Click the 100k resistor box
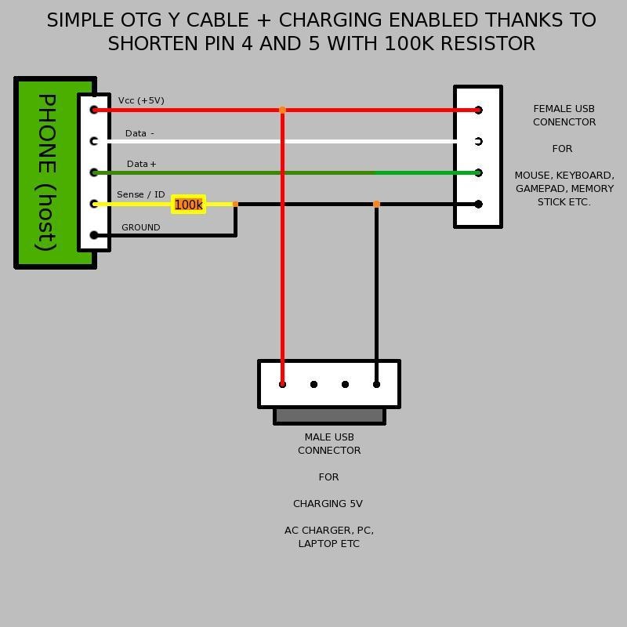tap(188, 205)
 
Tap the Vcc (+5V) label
tap(141, 100)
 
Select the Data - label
tap(140, 133)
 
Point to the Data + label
tap(142, 164)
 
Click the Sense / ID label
tap(141, 194)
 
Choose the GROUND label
tap(141, 227)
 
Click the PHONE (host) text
tap(47, 172)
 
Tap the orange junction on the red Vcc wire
tap(282, 110)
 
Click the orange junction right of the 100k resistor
tap(235, 205)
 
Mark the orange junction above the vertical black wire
tap(376, 205)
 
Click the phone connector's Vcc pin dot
tap(94, 110)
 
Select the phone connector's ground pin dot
tap(94, 235)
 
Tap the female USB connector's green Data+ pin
tap(478, 172)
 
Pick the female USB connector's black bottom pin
tap(478, 205)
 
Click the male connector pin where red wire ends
tap(282, 384)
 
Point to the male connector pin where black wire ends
tap(376, 384)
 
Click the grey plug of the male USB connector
tap(329, 415)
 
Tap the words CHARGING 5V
tap(328, 504)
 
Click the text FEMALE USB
tap(564, 109)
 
